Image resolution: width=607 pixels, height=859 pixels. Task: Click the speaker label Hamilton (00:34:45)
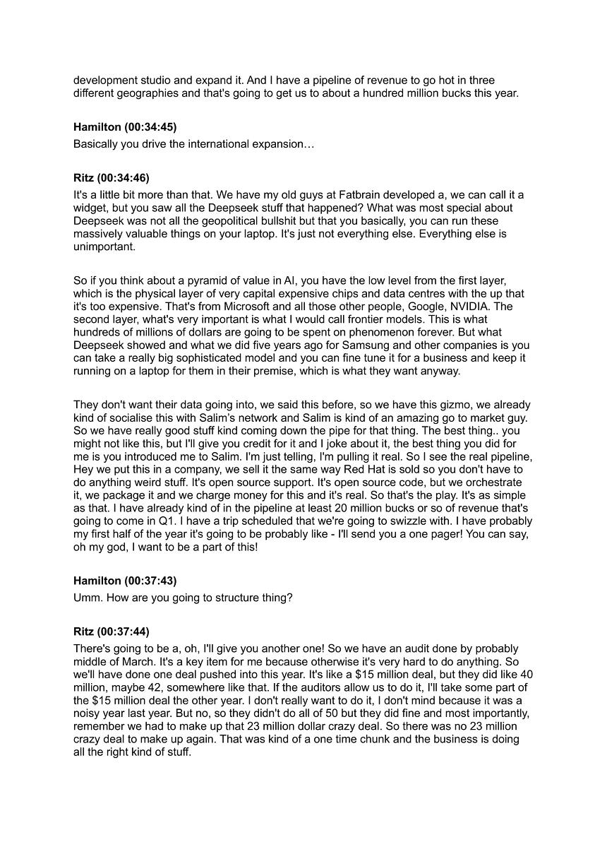(125, 127)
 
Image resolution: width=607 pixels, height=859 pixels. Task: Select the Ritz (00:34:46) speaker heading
(112, 178)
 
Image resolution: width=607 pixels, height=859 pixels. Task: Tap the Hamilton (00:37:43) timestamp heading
(125, 581)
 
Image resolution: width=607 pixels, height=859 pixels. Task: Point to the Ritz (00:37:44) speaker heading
(112, 632)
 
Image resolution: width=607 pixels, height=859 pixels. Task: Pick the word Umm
(87, 598)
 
